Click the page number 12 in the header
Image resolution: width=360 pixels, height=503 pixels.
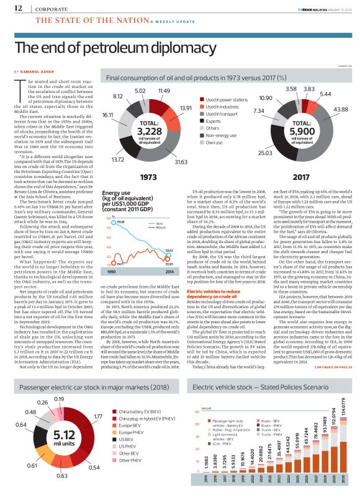coord(9,8)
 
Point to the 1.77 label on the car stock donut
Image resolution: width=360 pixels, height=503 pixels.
coord(98,416)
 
